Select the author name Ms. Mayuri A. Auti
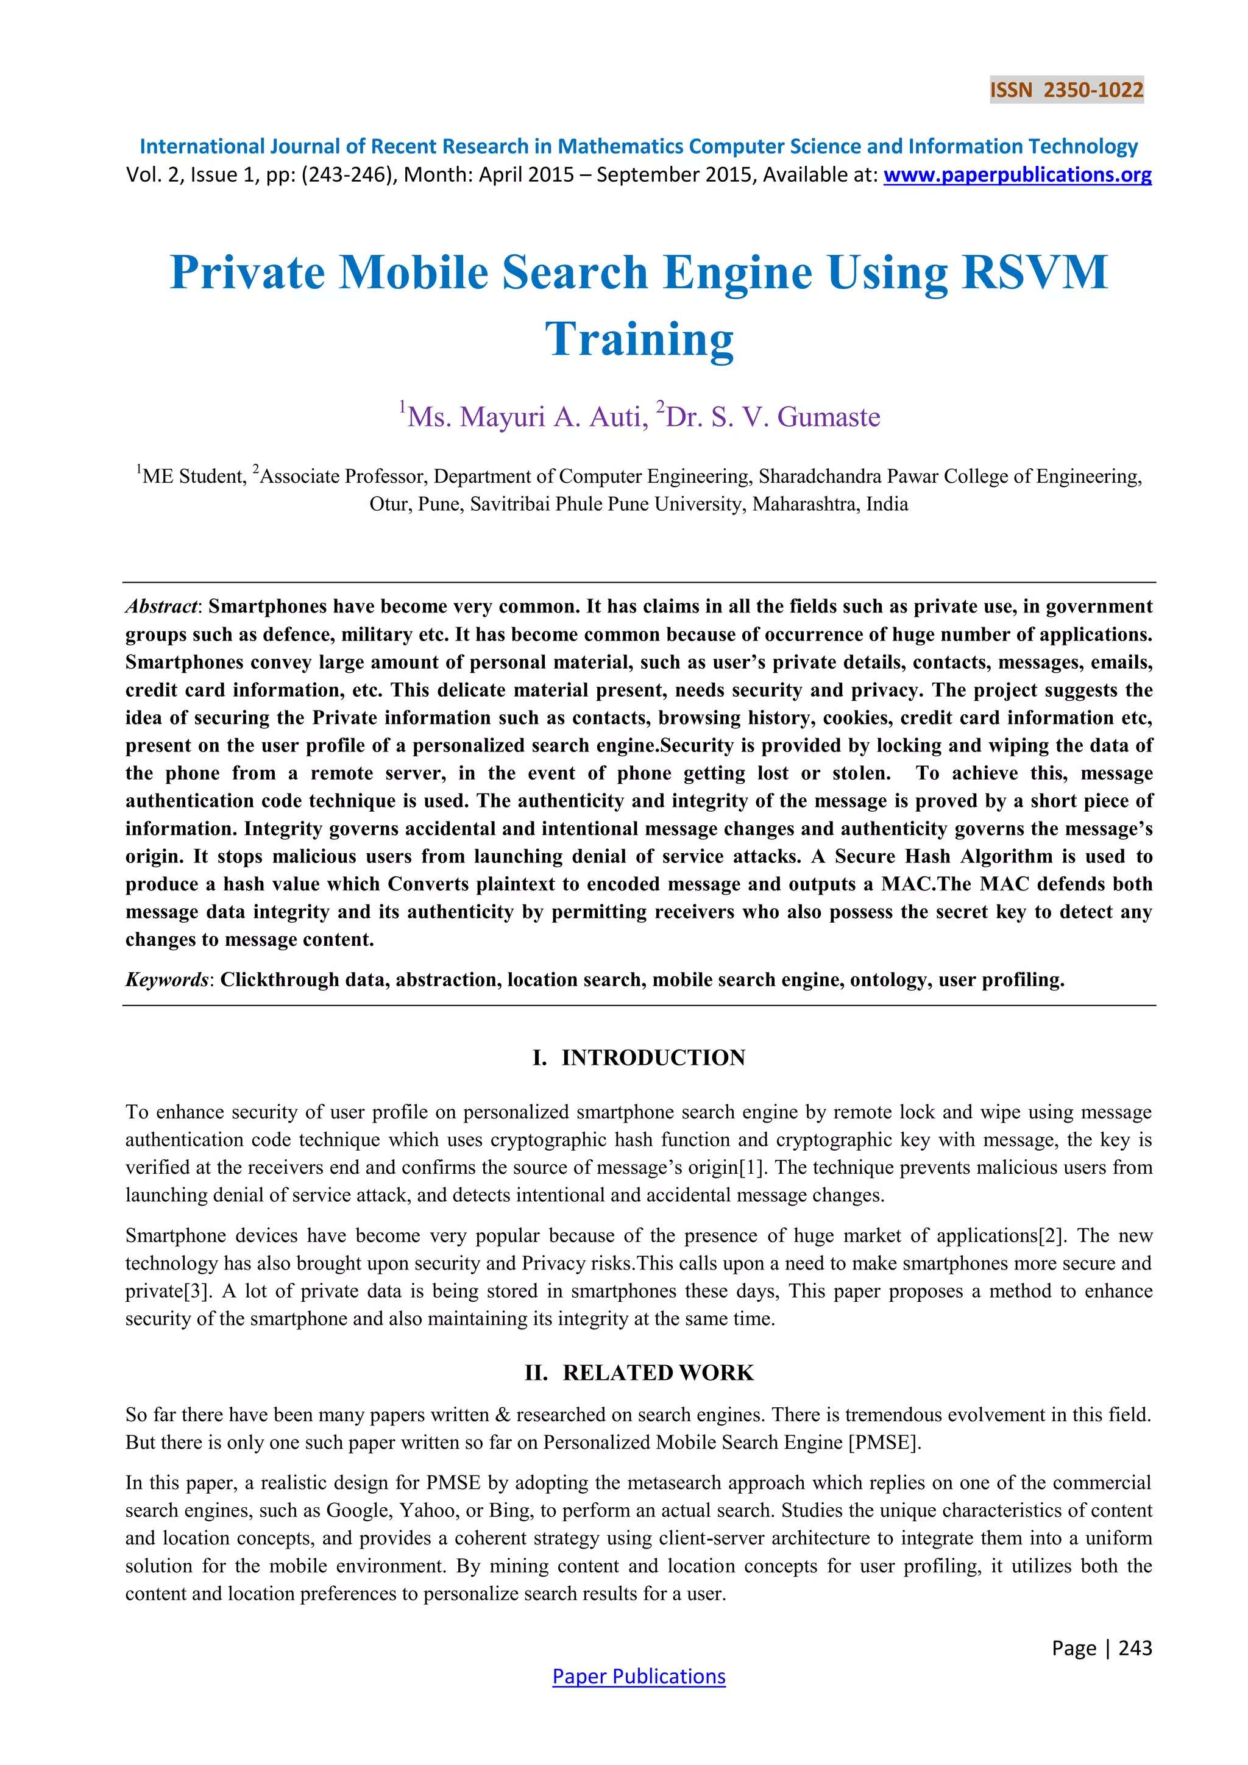click(527, 417)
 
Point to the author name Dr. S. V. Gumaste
click(772, 417)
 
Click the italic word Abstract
click(161, 606)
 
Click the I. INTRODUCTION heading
click(639, 1058)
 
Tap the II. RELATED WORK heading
click(639, 1373)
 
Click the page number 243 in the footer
click(1135, 1648)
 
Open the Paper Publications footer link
click(639, 1677)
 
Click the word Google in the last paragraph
click(359, 1511)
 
